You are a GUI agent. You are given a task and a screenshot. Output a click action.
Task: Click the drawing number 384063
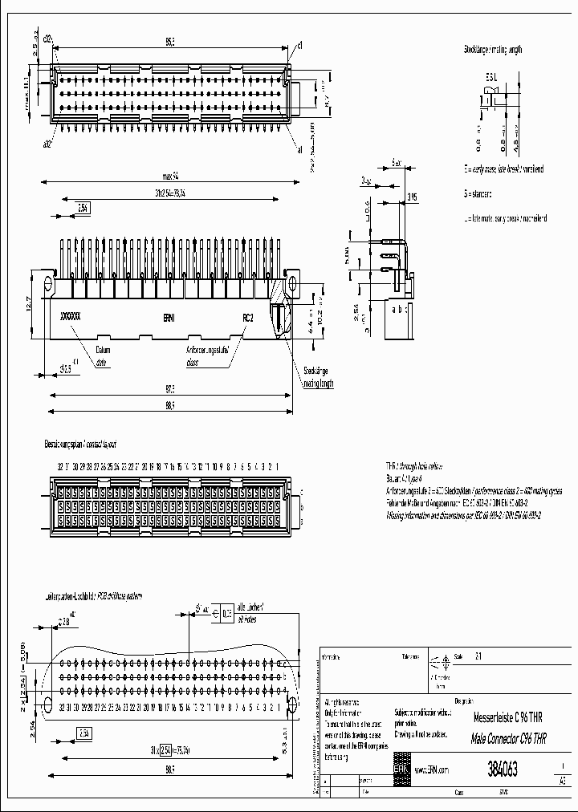click(x=502, y=769)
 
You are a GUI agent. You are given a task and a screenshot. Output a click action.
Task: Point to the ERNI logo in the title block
click(x=400, y=768)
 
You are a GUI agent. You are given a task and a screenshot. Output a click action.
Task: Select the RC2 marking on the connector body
click(x=248, y=318)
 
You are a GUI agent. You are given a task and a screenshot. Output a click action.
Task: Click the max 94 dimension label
click(x=168, y=177)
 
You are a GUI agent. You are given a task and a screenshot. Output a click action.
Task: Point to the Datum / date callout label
click(x=103, y=355)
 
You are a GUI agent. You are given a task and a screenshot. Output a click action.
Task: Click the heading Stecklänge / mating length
click(x=492, y=50)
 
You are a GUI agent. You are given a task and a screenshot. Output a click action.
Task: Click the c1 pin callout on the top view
click(x=299, y=43)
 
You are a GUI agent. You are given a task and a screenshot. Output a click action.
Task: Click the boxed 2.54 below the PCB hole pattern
click(x=84, y=733)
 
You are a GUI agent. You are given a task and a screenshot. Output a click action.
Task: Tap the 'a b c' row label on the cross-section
click(x=399, y=309)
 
